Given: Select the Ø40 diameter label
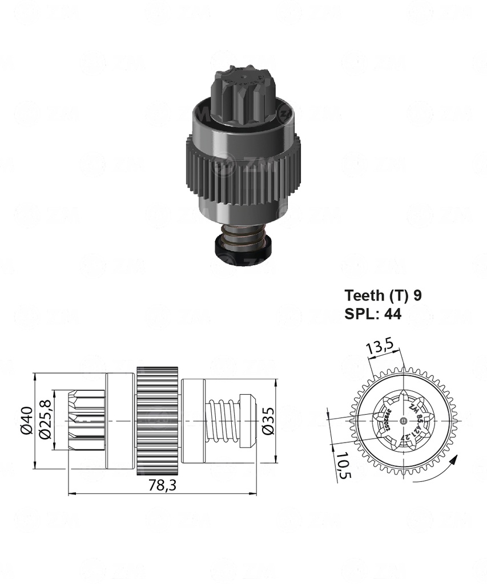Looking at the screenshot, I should pyautogui.click(x=25, y=421).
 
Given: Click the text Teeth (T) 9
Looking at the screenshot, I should pyautogui.click(x=383, y=295).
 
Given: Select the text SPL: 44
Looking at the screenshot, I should pyautogui.click(x=373, y=314).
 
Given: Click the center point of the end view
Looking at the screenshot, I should pyautogui.click(x=404, y=421).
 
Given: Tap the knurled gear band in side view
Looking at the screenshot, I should pyautogui.click(x=158, y=421).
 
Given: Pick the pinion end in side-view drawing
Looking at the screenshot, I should pyautogui.click(x=86, y=421).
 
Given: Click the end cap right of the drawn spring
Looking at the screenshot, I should pyautogui.click(x=248, y=421).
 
